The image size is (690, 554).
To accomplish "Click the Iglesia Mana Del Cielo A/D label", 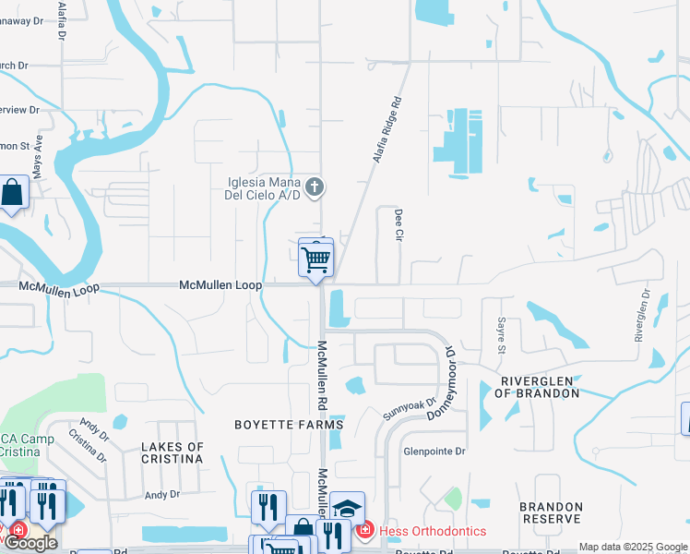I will [x=263, y=188].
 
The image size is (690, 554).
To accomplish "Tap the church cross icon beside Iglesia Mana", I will [x=315, y=188].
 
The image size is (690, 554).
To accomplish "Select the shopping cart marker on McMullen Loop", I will [x=316, y=259].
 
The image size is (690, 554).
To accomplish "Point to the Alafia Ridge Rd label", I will [x=390, y=130].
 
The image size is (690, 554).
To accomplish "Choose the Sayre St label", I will [x=501, y=335].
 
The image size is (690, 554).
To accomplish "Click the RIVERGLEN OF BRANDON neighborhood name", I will [x=540, y=387].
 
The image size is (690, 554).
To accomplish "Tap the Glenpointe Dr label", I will [x=434, y=452].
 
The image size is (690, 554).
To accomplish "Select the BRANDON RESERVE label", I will [x=551, y=513].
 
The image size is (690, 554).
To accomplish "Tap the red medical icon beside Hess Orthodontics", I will [x=365, y=531].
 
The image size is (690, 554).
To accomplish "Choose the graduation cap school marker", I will [x=347, y=508].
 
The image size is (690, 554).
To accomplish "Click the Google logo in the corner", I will [x=31, y=543].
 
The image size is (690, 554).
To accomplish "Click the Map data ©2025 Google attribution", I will [x=633, y=547].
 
